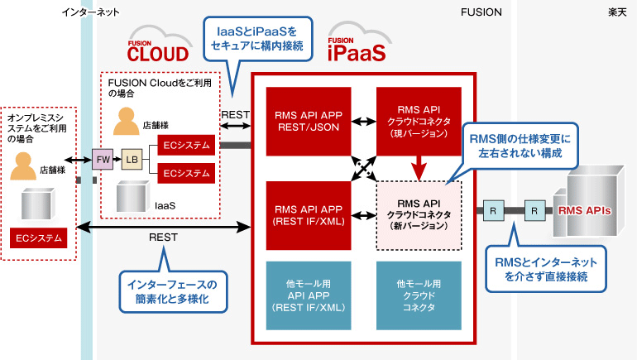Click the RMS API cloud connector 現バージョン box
[419, 121]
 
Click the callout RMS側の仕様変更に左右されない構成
[520, 144]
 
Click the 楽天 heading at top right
[616, 12]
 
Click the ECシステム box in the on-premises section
[38, 238]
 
